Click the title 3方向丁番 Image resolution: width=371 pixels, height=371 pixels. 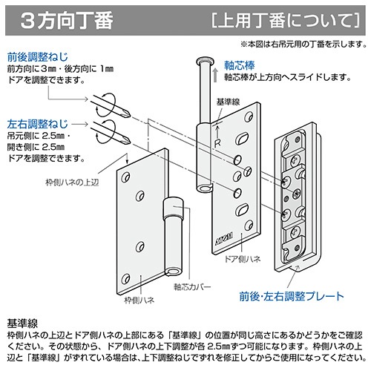(x=67, y=21)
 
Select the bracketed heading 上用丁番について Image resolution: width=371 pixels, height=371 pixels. (x=286, y=20)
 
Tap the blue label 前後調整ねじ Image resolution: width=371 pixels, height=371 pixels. (x=38, y=57)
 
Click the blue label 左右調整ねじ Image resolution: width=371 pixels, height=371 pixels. (x=37, y=124)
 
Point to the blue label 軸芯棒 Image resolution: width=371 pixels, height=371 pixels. (x=240, y=65)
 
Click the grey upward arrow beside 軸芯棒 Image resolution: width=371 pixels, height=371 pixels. (x=215, y=75)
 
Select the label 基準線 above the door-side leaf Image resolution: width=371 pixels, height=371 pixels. (x=228, y=102)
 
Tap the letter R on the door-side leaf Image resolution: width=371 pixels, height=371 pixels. (x=217, y=143)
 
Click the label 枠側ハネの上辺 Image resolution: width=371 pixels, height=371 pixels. (x=72, y=183)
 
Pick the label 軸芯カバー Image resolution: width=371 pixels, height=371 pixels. (x=192, y=286)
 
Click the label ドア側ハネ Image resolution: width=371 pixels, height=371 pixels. (x=242, y=259)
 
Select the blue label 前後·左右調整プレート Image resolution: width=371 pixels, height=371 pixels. (x=292, y=296)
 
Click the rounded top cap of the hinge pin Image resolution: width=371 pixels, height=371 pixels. (x=205, y=61)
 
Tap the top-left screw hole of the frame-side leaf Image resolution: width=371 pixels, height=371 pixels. (x=125, y=177)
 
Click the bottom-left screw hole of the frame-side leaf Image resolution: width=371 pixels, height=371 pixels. (x=125, y=279)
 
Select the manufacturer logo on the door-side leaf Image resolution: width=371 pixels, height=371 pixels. (x=225, y=238)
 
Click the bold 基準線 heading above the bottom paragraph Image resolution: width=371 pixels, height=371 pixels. (x=22, y=324)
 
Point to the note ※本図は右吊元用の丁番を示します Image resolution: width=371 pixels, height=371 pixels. (x=303, y=44)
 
